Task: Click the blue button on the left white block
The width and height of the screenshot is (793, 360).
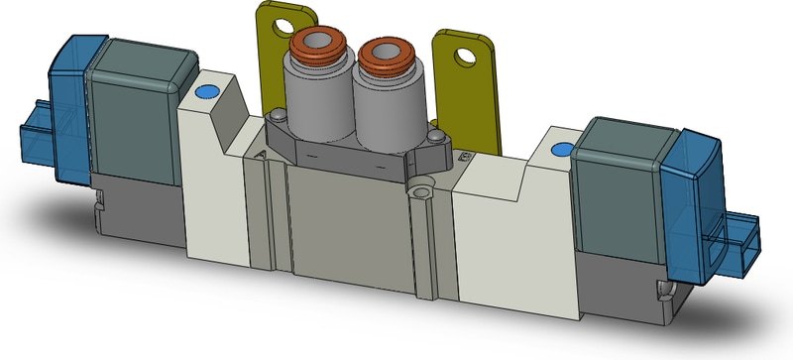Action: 206,93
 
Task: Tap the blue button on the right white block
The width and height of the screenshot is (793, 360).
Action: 560,151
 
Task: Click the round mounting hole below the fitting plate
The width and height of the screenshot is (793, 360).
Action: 425,188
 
